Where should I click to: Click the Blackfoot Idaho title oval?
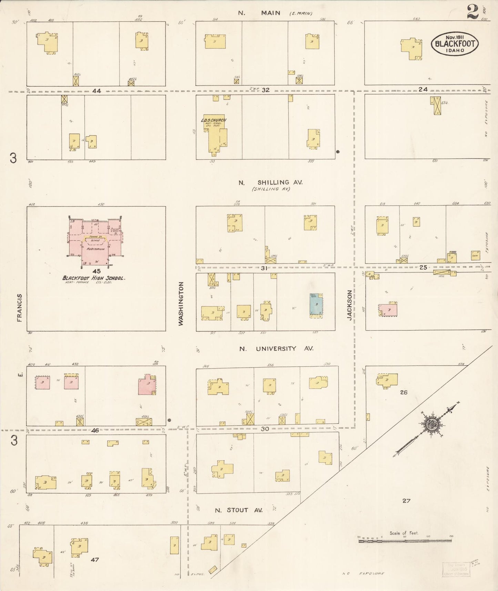click(x=455, y=44)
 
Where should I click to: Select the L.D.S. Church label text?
click(x=214, y=120)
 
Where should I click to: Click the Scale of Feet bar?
click(x=405, y=541)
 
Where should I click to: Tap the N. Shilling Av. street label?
click(x=271, y=182)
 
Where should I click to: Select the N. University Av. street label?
click(x=276, y=349)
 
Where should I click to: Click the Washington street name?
click(x=181, y=303)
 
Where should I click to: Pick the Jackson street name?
click(x=350, y=305)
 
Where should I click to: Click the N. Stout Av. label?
click(x=238, y=510)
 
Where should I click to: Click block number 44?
click(x=96, y=91)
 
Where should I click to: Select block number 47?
click(x=95, y=560)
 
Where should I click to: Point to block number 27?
click(x=406, y=500)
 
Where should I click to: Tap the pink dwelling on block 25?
click(x=388, y=310)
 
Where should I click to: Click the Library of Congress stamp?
click(x=456, y=569)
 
